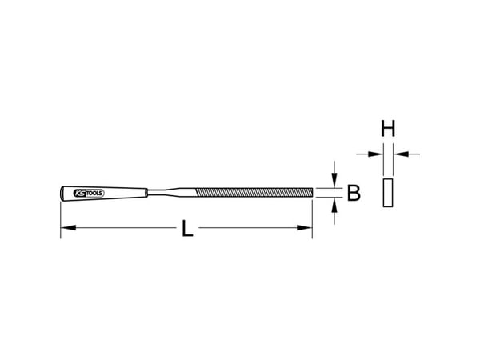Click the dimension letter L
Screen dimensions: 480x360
click(187, 228)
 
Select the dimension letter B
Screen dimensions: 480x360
click(354, 193)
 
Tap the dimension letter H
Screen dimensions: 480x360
click(388, 129)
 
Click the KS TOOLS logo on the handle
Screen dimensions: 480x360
click(89, 193)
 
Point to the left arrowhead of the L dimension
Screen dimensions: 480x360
click(68, 228)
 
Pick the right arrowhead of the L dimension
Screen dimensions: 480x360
click(305, 228)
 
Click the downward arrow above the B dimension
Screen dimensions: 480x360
click(334, 174)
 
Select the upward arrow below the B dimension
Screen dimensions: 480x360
click(334, 211)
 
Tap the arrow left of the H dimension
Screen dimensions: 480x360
click(370, 154)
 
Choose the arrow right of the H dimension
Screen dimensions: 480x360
click(406, 154)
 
